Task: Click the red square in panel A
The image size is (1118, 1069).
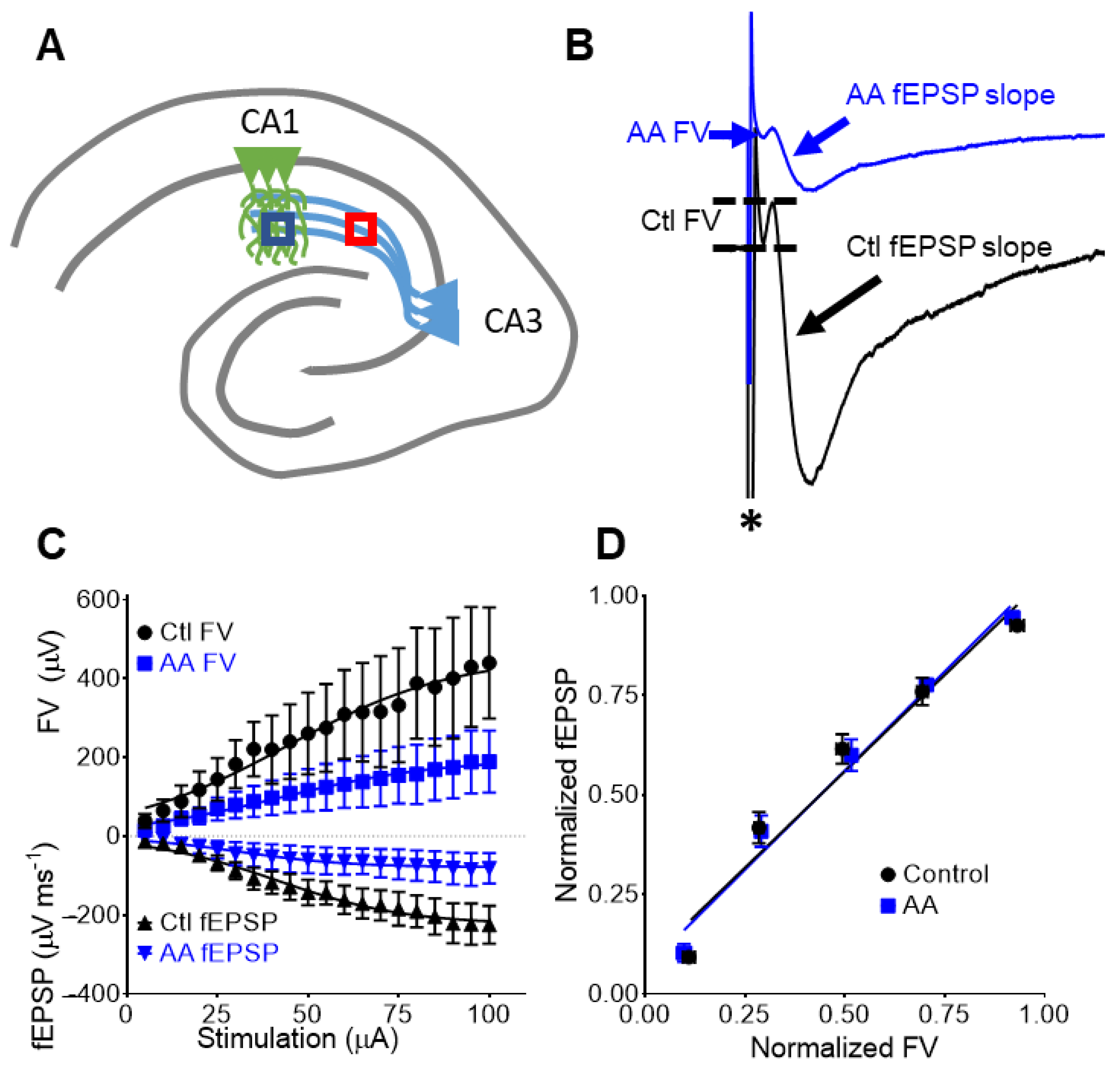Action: click(360, 229)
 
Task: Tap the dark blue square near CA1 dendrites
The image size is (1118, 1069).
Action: click(278, 229)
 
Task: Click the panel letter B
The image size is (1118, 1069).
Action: click(579, 46)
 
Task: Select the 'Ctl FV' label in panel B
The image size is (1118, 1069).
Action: click(680, 221)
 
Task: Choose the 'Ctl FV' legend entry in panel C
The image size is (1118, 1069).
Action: click(185, 632)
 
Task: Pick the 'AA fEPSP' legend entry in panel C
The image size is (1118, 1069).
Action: click(208, 952)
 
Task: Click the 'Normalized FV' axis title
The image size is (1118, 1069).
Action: click(844, 1047)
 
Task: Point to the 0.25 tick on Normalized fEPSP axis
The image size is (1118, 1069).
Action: click(612, 894)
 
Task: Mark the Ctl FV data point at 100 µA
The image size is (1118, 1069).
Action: click(489, 663)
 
